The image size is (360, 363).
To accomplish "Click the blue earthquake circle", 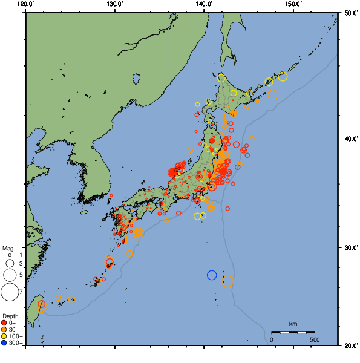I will (x=212, y=275).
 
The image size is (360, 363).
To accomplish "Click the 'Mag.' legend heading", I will (x=8, y=248).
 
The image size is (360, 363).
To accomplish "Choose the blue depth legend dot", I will (x=4, y=343).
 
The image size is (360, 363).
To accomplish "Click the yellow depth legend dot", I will (x=4, y=336).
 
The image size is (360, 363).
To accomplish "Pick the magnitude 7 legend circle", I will (x=9, y=292).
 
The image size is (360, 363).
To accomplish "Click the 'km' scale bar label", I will (x=293, y=324).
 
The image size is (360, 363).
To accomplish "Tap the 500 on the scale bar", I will (x=315, y=339).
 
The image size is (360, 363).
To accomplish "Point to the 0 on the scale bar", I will (x=272, y=339).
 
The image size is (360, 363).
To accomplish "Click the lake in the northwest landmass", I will (x=136, y=78).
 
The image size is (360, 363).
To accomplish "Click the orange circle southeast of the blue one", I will (x=227, y=281).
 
